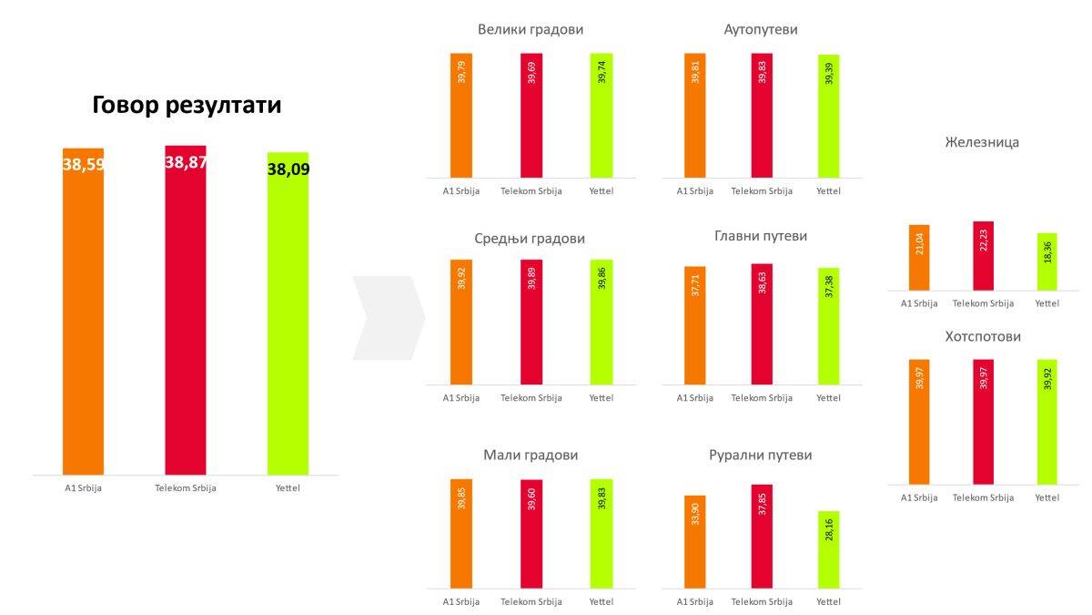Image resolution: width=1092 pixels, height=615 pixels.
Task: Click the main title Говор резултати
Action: pyautogui.click(x=187, y=106)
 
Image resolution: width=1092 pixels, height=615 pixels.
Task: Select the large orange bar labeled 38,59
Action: pyautogui.click(x=83, y=310)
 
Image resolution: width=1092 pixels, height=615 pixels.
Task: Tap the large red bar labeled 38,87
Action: pyautogui.click(x=186, y=310)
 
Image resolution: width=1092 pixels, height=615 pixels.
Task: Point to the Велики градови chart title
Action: pyautogui.click(x=531, y=29)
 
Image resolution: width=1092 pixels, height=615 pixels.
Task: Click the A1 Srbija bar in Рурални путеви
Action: pyautogui.click(x=694, y=541)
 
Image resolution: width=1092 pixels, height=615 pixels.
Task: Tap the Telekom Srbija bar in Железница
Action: pyautogui.click(x=983, y=256)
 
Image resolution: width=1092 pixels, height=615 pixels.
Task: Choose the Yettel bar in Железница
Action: pyautogui.click(x=1047, y=261)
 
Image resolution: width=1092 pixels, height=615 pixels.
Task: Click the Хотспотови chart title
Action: pyautogui.click(x=983, y=336)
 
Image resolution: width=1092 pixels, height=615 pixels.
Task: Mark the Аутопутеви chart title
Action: pyautogui.click(x=761, y=29)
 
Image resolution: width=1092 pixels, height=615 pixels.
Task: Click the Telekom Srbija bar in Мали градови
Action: pyautogui.click(x=531, y=533)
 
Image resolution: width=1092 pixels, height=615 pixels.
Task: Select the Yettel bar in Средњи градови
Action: pyautogui.click(x=602, y=322)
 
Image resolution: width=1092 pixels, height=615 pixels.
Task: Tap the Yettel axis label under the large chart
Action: pyautogui.click(x=288, y=488)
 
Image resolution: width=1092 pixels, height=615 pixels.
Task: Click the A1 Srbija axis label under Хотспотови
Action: pyautogui.click(x=919, y=497)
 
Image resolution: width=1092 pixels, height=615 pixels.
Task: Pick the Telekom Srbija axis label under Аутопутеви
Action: pyautogui.click(x=762, y=191)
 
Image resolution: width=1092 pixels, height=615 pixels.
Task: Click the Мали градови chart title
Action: pyautogui.click(x=531, y=455)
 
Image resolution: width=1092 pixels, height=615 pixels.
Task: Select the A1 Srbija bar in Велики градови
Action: pyautogui.click(x=461, y=115)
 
